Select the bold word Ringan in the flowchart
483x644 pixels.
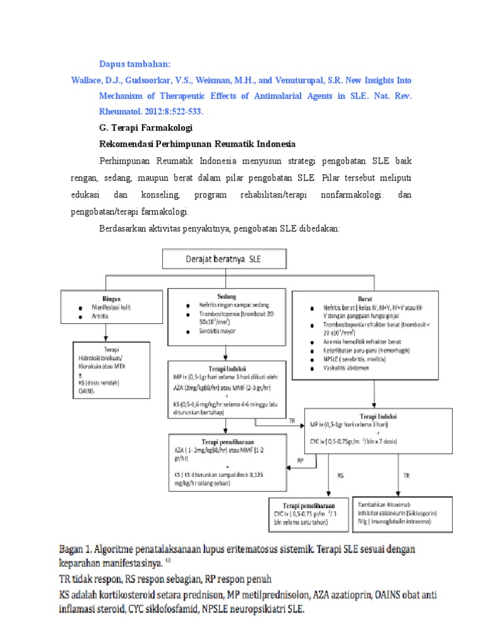(111, 299)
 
